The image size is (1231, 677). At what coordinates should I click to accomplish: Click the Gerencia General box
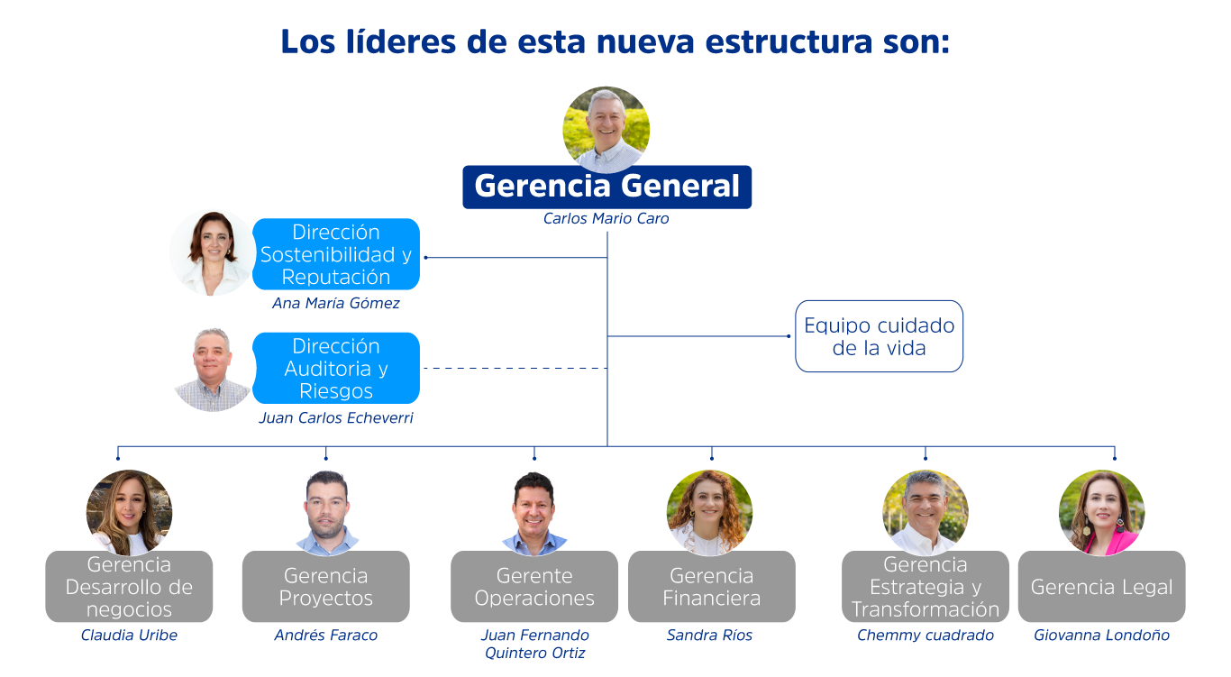(606, 187)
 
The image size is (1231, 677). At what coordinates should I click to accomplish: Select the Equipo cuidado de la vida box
(879, 336)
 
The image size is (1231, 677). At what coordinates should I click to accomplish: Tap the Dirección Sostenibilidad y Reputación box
(335, 254)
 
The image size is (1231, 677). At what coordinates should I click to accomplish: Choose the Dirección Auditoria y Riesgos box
(335, 368)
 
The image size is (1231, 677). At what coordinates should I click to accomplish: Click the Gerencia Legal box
(1101, 587)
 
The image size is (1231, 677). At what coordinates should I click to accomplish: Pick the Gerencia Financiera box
(711, 587)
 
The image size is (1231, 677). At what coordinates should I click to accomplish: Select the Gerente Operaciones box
(533, 587)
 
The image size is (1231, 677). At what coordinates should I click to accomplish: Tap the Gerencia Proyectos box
(325, 587)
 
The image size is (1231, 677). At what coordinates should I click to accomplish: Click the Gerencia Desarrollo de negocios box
(129, 587)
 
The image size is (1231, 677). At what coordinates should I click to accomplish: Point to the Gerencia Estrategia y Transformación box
(925, 587)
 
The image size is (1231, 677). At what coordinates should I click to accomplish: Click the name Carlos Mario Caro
(606, 219)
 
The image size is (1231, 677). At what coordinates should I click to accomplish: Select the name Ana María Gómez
(335, 304)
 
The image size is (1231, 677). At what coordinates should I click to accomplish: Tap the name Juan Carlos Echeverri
(335, 418)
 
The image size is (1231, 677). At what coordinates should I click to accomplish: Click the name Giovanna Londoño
(1101, 636)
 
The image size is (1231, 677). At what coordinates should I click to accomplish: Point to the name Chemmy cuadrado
(925, 636)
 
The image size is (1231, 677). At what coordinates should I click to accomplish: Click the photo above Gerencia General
(606, 128)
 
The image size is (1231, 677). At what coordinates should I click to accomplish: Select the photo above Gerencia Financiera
(709, 511)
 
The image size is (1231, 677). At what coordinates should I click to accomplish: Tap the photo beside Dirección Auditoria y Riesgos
(213, 370)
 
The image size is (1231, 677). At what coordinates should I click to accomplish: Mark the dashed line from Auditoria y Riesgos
(514, 369)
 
